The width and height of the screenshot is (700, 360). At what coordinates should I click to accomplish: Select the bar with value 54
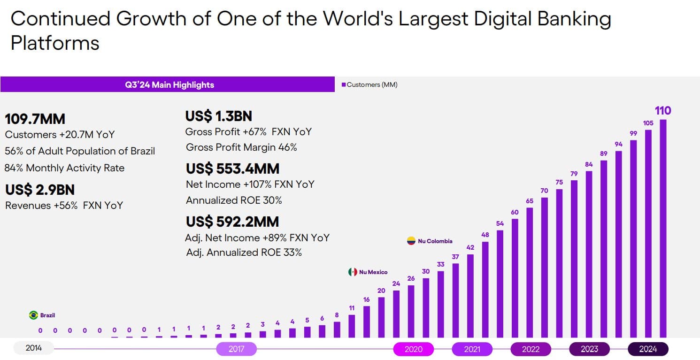pos(500,283)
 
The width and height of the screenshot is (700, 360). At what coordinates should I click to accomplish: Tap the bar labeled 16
pos(366,322)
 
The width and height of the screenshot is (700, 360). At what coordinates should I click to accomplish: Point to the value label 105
pos(648,123)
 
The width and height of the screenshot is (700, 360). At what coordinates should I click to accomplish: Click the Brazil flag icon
pos(33,315)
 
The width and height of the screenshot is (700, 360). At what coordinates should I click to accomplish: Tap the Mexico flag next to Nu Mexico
pos(353,272)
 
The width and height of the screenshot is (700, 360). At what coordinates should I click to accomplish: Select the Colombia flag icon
pos(411,241)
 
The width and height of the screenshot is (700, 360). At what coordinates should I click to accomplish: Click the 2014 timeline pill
pos(34,349)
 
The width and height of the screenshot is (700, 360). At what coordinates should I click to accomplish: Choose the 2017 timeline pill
pos(236,349)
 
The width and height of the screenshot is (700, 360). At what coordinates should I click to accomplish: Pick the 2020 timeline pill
pos(413,349)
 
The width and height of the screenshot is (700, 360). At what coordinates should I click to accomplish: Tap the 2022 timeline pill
pos(531,349)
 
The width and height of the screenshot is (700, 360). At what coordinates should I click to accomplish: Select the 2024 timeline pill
pos(648,349)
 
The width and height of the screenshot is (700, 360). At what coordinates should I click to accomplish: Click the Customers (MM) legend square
pos(343,85)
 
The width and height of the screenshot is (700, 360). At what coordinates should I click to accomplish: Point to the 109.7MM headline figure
pos(35,119)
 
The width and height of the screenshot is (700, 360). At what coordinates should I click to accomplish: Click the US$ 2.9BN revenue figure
pos(40,190)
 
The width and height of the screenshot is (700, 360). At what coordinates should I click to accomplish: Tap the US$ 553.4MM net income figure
pos(232,168)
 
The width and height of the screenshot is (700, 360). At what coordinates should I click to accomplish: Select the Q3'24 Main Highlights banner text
pos(169,85)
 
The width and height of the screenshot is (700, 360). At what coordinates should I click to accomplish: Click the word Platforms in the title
pos(55,43)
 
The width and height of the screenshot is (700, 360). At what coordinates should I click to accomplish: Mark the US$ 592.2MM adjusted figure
pos(232,221)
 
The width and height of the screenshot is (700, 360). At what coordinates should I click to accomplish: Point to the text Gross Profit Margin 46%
pos(241,147)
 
